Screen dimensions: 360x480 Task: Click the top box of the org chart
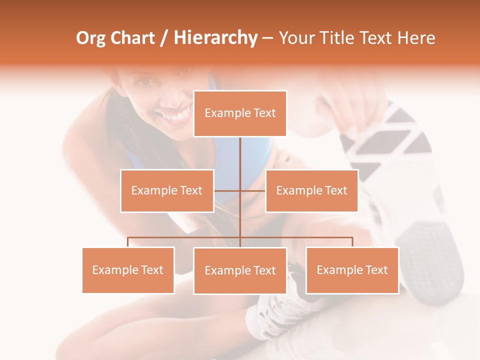(x=240, y=113)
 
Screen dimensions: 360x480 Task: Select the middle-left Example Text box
(x=167, y=190)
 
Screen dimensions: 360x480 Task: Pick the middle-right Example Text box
(x=311, y=190)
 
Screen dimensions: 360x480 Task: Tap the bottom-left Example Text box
(x=128, y=270)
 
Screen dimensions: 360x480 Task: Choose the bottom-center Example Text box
(x=240, y=270)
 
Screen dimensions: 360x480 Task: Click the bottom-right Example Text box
(x=352, y=270)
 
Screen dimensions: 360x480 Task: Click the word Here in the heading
(x=416, y=38)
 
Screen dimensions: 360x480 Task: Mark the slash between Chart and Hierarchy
(x=164, y=38)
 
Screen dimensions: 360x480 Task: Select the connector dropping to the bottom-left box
(x=128, y=242)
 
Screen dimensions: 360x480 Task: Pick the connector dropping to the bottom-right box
(x=352, y=242)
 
